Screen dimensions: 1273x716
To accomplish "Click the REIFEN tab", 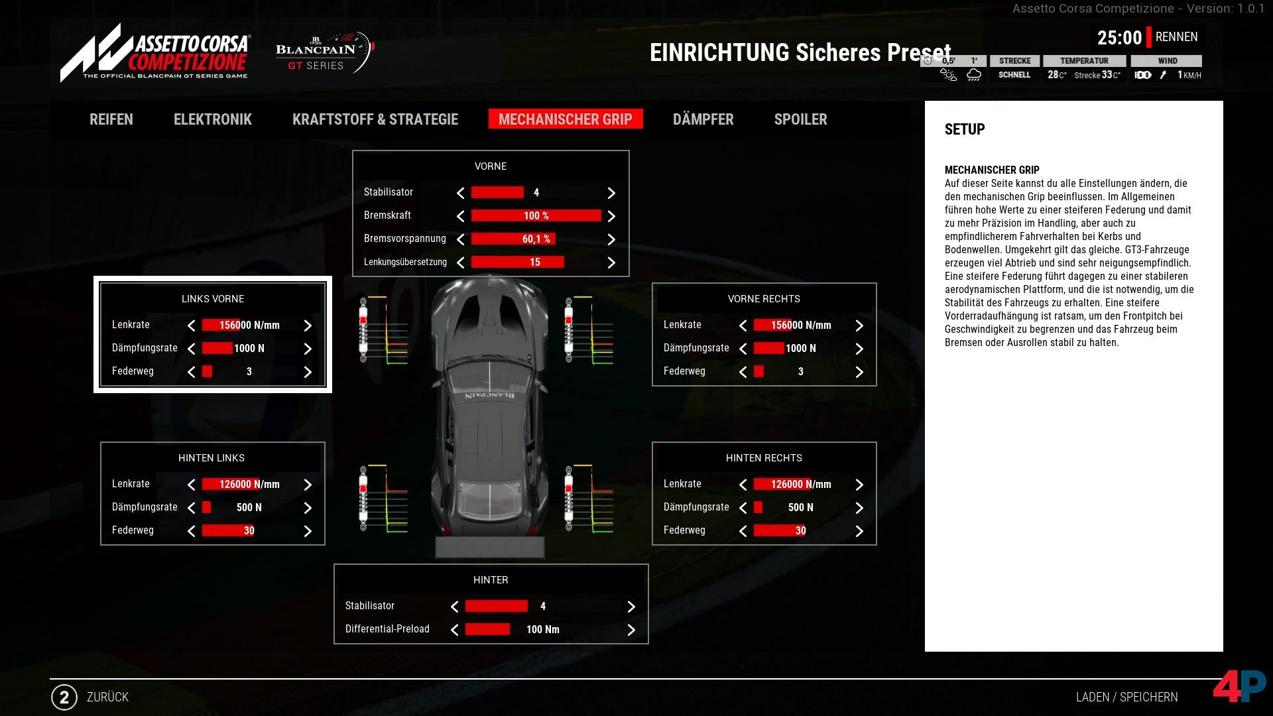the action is (111, 119).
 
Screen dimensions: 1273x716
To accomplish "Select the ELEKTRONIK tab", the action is (213, 119).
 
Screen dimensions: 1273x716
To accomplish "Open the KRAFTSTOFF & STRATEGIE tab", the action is (375, 119).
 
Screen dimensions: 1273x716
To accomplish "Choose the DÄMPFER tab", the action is (703, 119).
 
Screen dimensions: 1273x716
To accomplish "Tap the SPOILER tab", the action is (801, 119).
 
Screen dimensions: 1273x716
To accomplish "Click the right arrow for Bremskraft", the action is (611, 216).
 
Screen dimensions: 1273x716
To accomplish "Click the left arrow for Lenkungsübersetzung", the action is (460, 263).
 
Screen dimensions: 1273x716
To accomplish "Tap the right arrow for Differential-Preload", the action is (631, 630).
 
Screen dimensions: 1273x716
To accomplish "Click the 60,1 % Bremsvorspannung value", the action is (536, 239).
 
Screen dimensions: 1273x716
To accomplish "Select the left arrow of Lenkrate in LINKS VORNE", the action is (191, 326).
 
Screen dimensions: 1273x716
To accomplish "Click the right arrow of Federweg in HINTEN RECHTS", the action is (859, 531).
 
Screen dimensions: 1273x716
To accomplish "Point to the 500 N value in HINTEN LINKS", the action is (249, 508).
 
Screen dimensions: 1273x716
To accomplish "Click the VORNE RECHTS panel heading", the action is (764, 299).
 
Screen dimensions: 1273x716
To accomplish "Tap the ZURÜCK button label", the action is (107, 697).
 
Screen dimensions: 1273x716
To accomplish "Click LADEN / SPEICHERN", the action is (1127, 697).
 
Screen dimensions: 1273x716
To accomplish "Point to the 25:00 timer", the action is (1119, 38).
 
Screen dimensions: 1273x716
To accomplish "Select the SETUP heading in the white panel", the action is (965, 129).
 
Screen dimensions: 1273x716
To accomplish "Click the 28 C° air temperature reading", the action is (1057, 75).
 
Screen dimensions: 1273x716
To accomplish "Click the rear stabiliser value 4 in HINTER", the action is (543, 607).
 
